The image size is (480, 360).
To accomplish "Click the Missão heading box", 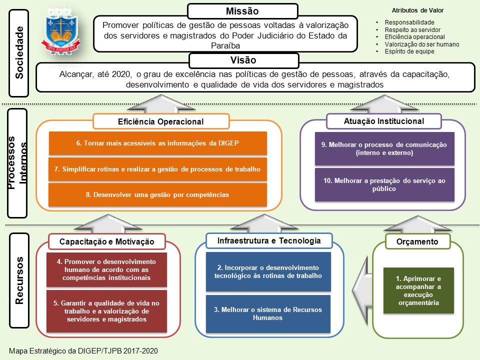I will coord(242,11).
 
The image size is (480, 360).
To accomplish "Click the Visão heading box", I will coord(243,60).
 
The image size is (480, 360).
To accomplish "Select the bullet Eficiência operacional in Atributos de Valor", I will coord(414,37).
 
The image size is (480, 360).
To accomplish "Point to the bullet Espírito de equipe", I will coord(409,51).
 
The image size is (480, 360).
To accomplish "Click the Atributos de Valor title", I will coord(417,10).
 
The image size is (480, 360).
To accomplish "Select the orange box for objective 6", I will coord(157,143).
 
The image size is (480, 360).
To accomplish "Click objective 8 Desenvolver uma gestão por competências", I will coord(157,194).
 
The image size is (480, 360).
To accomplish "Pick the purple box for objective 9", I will coord(384,148).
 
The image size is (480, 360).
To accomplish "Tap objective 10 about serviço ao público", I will coord(384,185).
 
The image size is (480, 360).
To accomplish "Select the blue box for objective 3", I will coord(268,313).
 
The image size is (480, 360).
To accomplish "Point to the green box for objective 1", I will coord(418,290).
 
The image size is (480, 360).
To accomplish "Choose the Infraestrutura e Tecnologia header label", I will coord(269,241).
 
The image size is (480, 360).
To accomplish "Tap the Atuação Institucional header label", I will coord(383,121).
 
